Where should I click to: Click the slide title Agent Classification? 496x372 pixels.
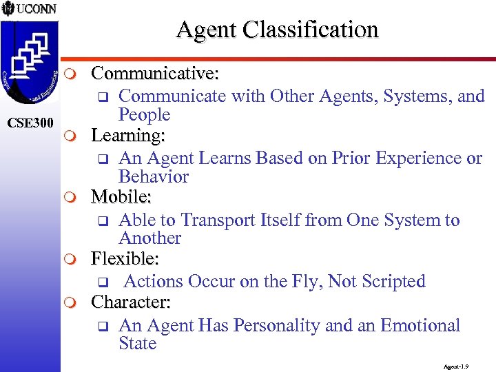click(x=277, y=30)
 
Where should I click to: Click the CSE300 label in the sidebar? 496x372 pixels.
click(x=30, y=123)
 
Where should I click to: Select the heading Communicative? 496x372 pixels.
click(x=156, y=73)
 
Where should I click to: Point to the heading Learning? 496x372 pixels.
click(x=128, y=136)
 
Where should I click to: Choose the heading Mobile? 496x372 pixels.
click(x=122, y=198)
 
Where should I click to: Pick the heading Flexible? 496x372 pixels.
click(x=125, y=259)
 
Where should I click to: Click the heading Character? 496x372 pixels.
click(x=131, y=302)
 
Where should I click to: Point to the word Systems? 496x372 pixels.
click(x=412, y=96)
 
